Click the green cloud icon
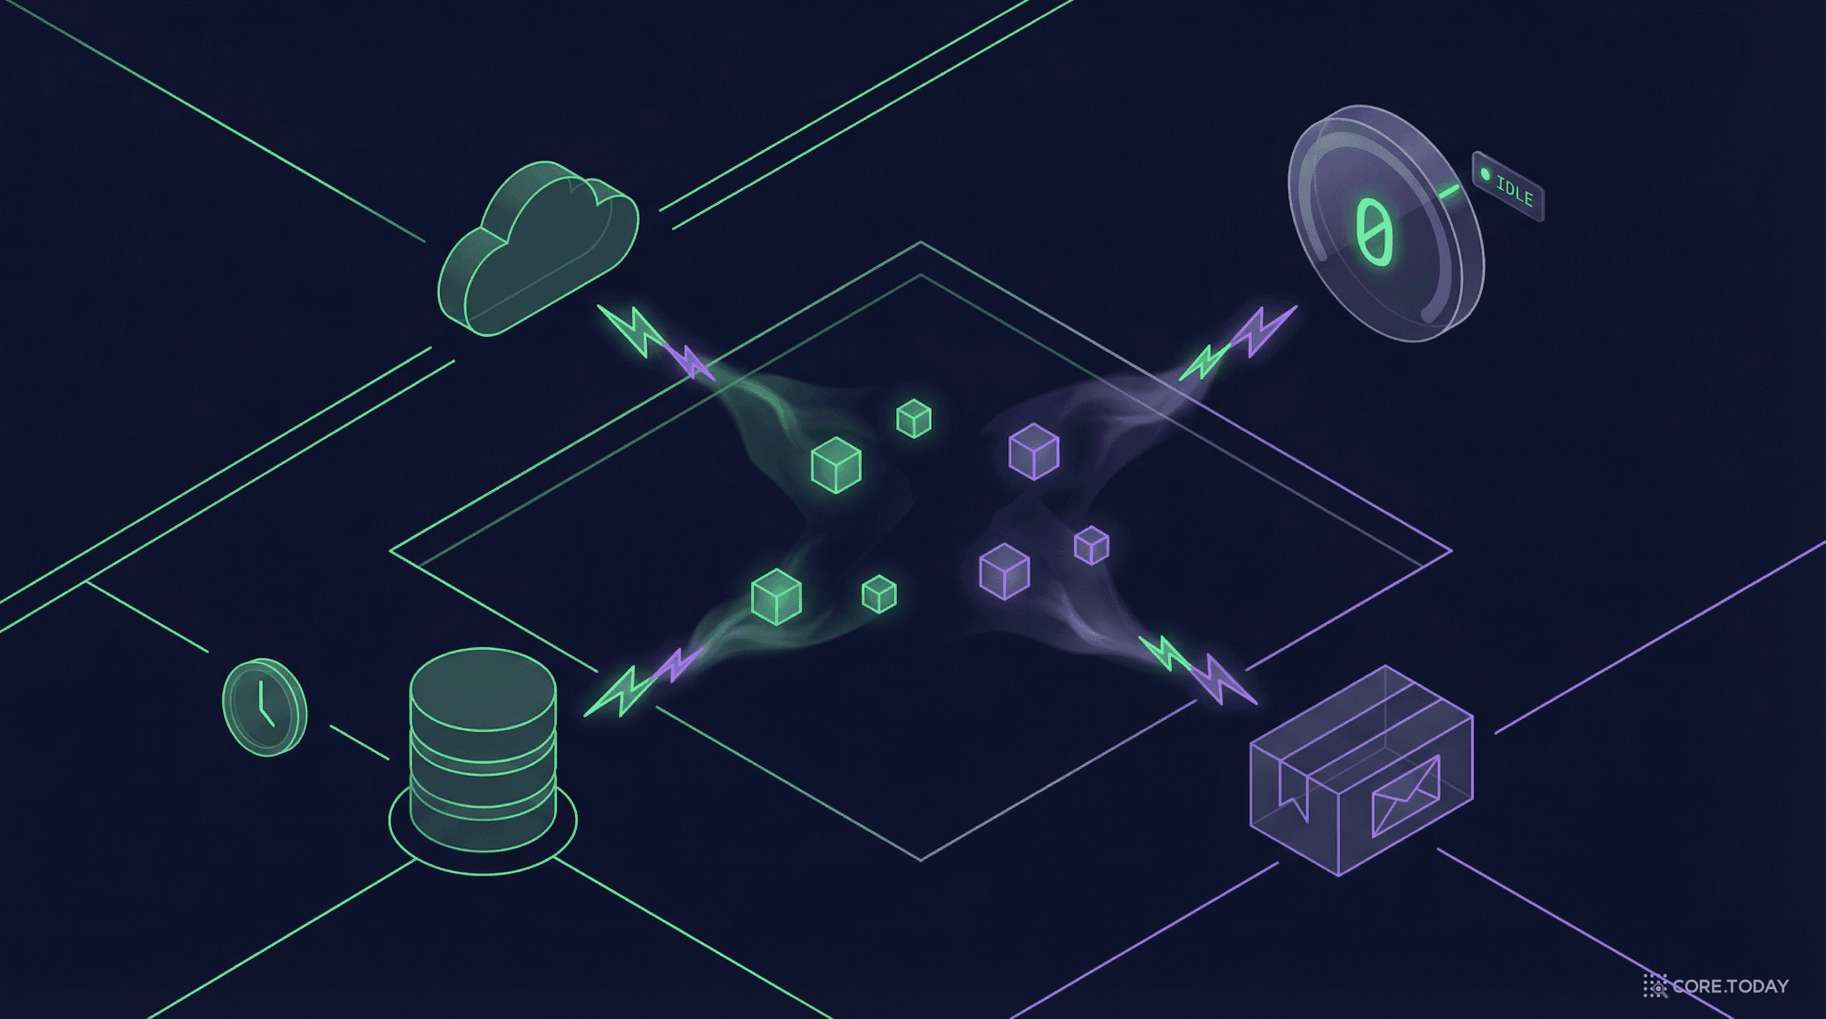click(x=539, y=248)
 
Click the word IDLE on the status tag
click(x=1515, y=190)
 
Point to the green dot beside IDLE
click(x=1486, y=174)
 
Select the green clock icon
click(x=264, y=707)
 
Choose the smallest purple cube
click(x=1091, y=545)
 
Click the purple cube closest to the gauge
click(x=1034, y=451)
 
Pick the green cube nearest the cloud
click(x=914, y=418)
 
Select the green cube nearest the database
click(x=776, y=596)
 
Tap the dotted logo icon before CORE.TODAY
click(x=1655, y=986)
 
